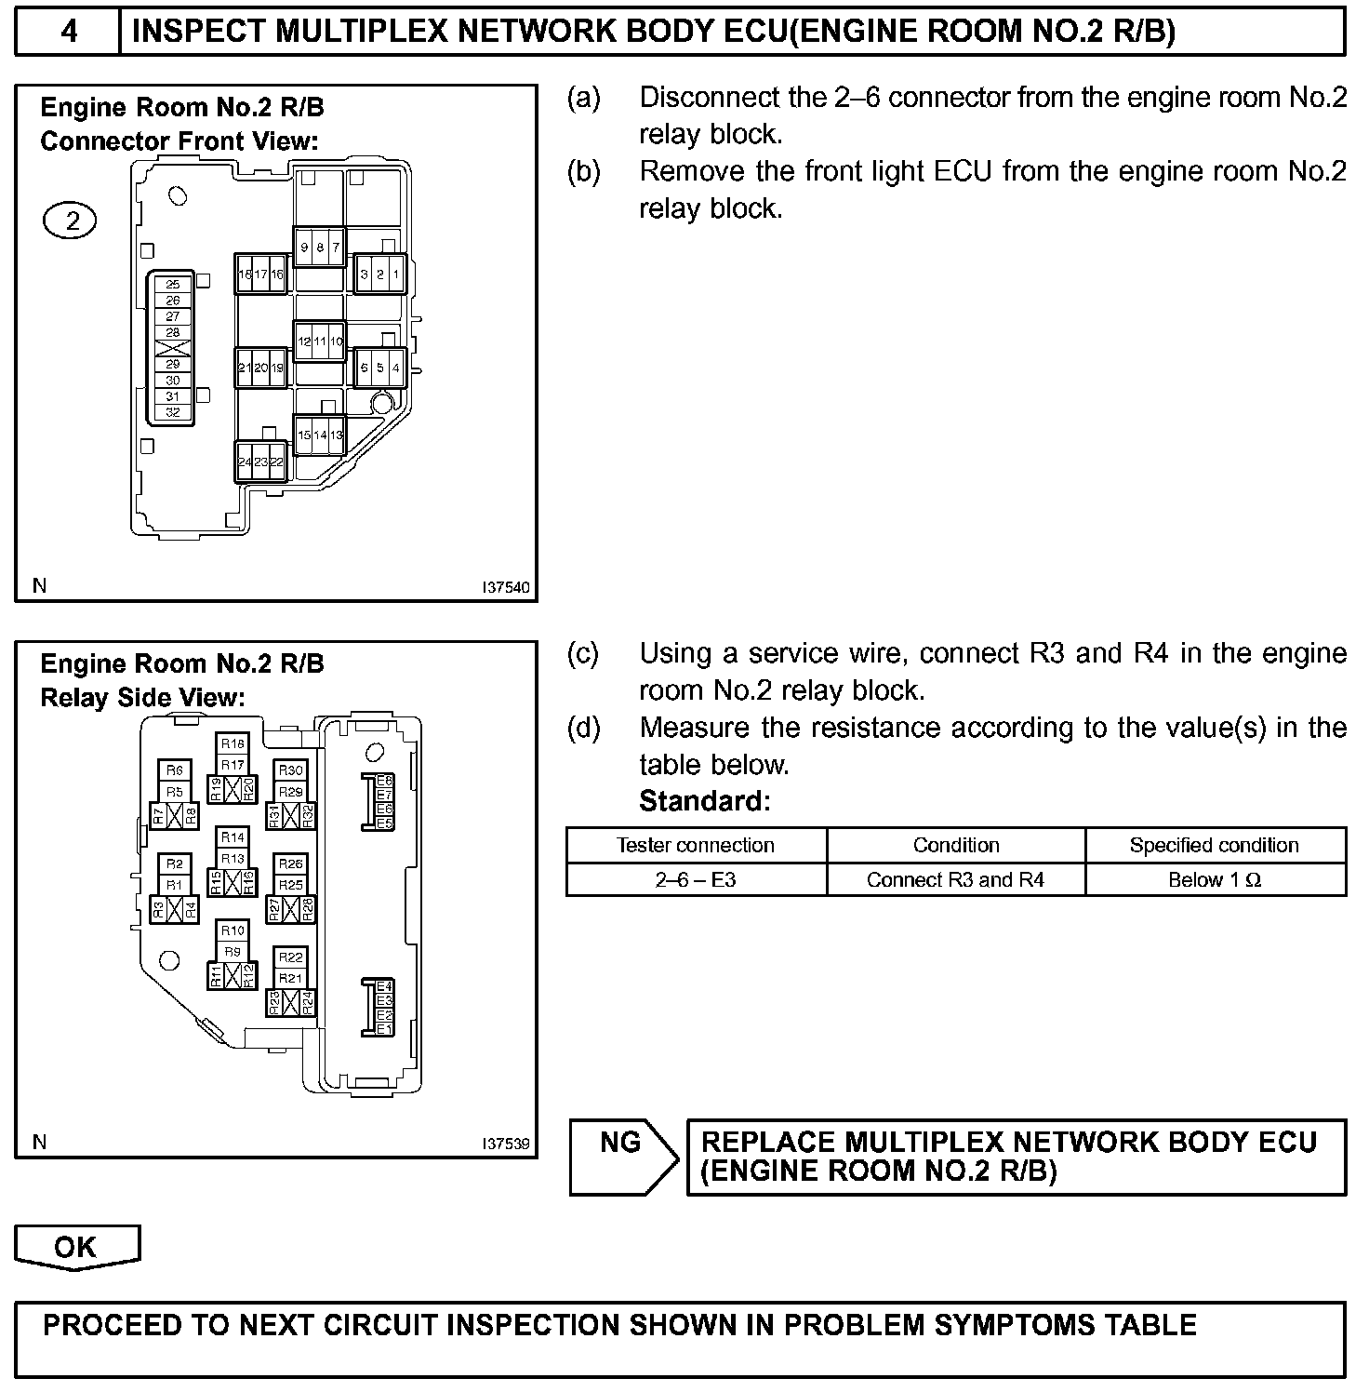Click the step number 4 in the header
point(68,32)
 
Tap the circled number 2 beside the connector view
point(70,221)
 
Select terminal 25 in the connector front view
point(173,285)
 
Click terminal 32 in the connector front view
point(173,412)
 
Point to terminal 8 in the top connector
point(320,248)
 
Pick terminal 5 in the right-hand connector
point(379,368)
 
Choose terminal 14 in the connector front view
point(320,435)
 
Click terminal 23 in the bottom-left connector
point(260,462)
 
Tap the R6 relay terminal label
point(175,770)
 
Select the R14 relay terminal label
point(233,837)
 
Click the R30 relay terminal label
point(291,770)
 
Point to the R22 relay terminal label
point(291,957)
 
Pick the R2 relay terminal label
point(175,863)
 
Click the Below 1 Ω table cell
point(1215,880)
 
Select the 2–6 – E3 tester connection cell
point(696,880)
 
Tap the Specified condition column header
point(1215,845)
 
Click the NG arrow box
point(621,1156)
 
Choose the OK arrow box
point(76,1247)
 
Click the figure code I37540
point(505,587)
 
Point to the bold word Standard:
point(705,801)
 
